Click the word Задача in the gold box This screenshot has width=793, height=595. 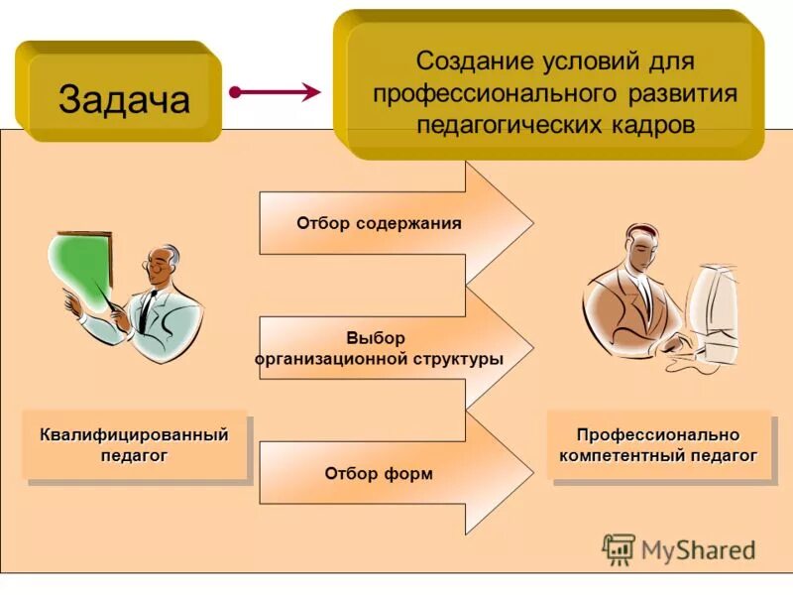(x=124, y=99)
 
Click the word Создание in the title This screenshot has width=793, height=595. (x=475, y=60)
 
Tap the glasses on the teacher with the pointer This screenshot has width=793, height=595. (x=159, y=265)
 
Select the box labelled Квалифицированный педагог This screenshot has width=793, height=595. (x=134, y=444)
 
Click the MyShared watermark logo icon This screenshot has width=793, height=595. (x=619, y=548)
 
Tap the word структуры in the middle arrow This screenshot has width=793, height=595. (x=457, y=359)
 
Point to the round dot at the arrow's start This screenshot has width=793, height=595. (x=235, y=92)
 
